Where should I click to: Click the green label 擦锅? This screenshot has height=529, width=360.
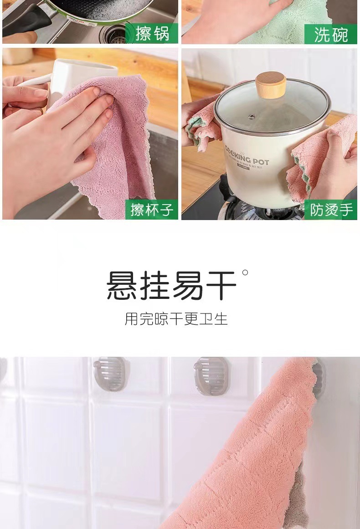[x=152, y=34]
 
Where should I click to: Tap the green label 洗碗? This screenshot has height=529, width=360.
[x=330, y=34]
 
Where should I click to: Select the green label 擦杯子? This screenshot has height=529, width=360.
[x=152, y=210]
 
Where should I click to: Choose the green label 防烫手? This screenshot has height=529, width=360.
[x=331, y=210]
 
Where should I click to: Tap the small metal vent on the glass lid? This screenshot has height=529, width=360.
[x=251, y=117]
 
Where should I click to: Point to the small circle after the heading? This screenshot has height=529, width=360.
[x=245, y=272]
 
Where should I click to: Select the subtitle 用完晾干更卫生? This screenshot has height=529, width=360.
[x=176, y=318]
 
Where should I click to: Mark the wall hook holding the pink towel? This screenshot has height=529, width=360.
[x=319, y=376]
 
